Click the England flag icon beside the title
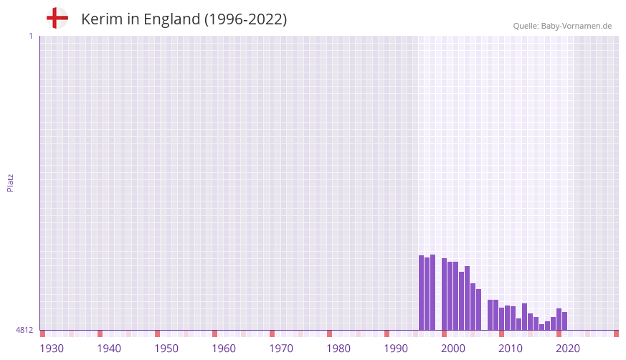(57, 19)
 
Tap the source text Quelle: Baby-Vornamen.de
(562, 26)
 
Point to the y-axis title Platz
(10, 182)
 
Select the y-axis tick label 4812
(24, 330)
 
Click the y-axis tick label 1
(30, 36)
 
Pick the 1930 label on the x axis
(52, 349)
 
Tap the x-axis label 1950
(166, 349)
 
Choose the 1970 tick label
(281, 349)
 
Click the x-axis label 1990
(396, 349)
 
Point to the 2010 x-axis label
(511, 349)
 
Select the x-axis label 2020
(568, 349)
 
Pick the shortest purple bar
(542, 327)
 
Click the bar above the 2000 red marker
(445, 294)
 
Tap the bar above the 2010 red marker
(502, 319)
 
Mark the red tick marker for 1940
(100, 333)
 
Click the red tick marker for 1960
(215, 333)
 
